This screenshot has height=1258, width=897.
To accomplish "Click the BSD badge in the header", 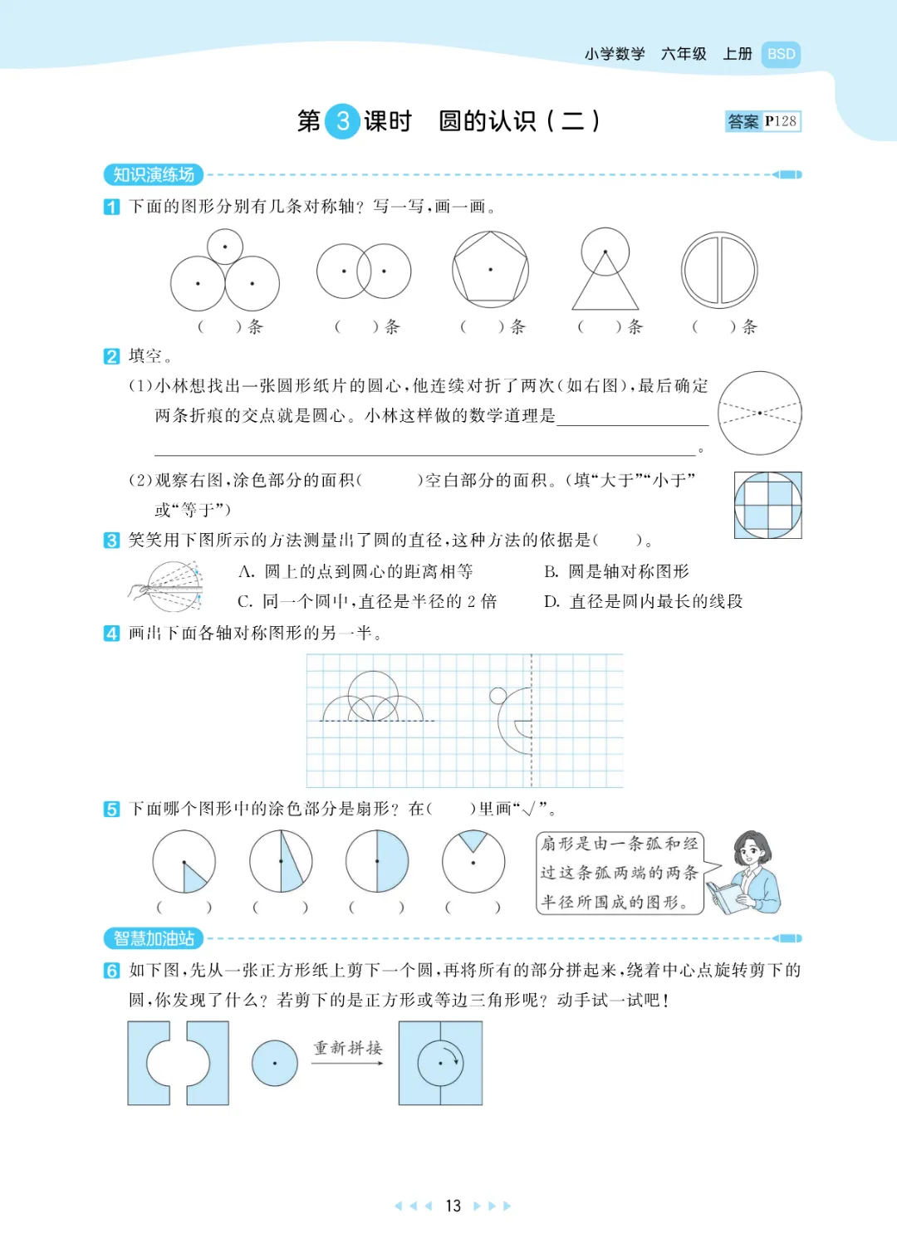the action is (x=781, y=55).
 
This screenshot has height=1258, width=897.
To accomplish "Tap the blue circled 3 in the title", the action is (x=343, y=120).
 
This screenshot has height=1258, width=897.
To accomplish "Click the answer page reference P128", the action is (x=781, y=121).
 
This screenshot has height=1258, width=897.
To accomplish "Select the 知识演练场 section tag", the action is (x=154, y=174).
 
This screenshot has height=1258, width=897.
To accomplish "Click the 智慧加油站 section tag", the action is (x=154, y=937).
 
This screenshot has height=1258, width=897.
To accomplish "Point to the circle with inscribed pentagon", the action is (x=490, y=270).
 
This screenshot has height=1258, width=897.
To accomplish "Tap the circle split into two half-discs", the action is (x=719, y=270).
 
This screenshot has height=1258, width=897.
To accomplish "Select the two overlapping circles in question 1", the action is (x=364, y=272).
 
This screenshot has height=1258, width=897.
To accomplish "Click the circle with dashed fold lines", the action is (x=760, y=413).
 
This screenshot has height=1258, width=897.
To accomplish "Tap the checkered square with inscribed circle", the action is (x=767, y=506).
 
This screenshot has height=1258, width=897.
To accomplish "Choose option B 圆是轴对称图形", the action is (x=616, y=572).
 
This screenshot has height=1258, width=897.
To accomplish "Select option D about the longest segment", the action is (x=643, y=601).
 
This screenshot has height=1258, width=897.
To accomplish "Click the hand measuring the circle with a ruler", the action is (x=165, y=586).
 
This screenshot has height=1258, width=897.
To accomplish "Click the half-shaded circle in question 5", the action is (x=377, y=861).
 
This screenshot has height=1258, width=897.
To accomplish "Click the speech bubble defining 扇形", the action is (x=620, y=873).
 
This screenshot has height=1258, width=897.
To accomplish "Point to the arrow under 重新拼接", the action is (x=348, y=1063).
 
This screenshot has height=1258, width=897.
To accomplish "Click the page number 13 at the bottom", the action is (x=453, y=1206).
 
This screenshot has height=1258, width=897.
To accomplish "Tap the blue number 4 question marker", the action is (x=112, y=634).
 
